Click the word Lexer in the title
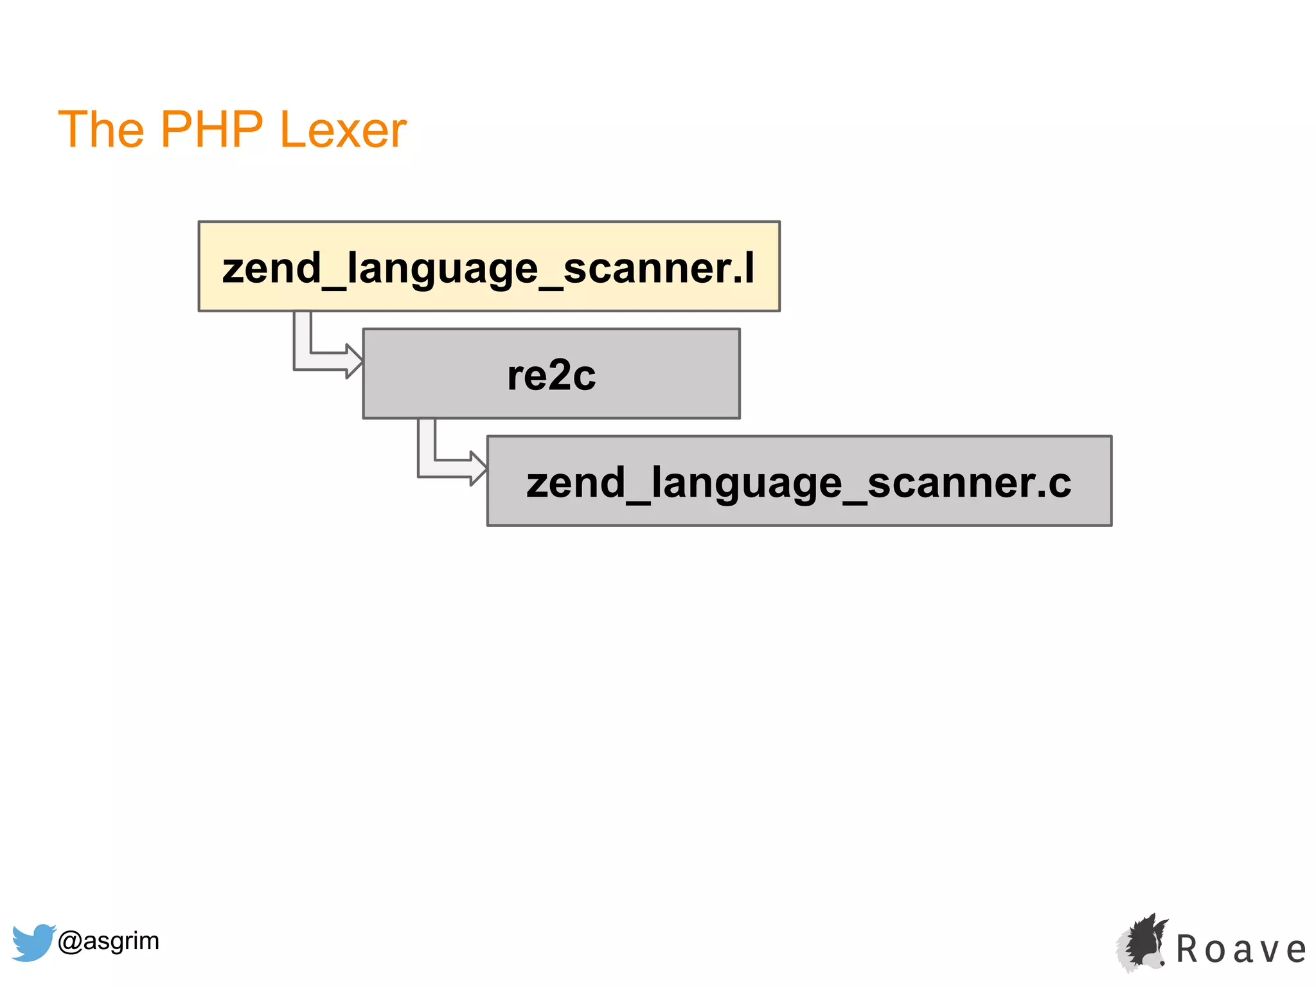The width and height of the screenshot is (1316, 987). click(343, 130)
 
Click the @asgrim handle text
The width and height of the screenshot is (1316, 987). click(108, 941)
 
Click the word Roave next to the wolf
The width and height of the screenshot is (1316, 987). click(1241, 950)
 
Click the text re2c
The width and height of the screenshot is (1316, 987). click(551, 375)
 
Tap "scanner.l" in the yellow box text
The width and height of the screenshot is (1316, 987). click(658, 269)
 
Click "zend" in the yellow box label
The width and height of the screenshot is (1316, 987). click(271, 269)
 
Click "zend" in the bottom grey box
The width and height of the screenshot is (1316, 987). click(575, 483)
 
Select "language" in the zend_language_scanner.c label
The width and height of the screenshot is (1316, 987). click(746, 484)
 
